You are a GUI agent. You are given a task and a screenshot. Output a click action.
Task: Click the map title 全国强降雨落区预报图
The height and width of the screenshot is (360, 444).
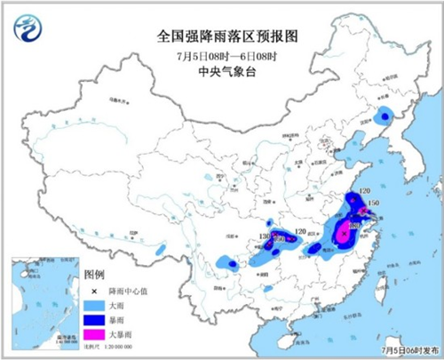coord(223,37)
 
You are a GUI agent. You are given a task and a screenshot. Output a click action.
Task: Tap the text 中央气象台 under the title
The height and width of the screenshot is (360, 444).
coord(223,72)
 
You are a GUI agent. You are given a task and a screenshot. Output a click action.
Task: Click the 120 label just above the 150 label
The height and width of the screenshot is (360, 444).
coord(360,191)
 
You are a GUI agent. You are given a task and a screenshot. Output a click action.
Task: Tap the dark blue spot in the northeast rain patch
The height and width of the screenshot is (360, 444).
coord(385,115)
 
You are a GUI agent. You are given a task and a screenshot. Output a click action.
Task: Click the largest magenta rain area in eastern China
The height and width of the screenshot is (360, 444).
coord(344,235)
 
